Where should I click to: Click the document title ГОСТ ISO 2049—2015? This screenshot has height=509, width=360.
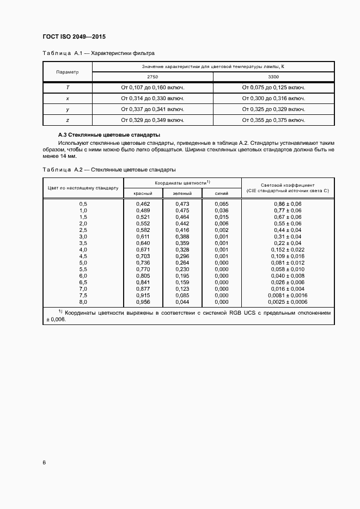[74, 37]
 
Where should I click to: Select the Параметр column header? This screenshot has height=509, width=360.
[68, 72]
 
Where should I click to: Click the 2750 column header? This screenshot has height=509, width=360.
[152, 77]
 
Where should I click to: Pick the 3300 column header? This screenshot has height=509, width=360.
[273, 77]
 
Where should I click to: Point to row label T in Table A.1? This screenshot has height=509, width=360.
[68, 87]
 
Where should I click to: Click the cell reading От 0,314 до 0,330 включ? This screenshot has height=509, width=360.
[152, 99]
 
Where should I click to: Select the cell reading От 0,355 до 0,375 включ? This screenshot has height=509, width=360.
[273, 120]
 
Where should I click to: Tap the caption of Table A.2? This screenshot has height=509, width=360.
[109, 170]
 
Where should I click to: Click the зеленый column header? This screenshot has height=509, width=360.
[182, 193]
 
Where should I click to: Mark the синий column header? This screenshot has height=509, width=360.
[222, 193]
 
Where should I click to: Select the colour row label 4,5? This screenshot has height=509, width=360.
[83, 256]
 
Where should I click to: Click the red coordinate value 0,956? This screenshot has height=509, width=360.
[143, 302]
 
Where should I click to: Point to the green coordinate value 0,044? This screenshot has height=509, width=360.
[182, 302]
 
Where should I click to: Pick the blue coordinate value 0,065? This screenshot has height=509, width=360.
[222, 204]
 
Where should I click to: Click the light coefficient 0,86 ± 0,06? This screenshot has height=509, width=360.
[288, 204]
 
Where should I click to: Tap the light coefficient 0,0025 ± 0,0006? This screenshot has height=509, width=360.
[288, 302]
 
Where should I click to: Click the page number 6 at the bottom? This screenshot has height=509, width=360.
[44, 463]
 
